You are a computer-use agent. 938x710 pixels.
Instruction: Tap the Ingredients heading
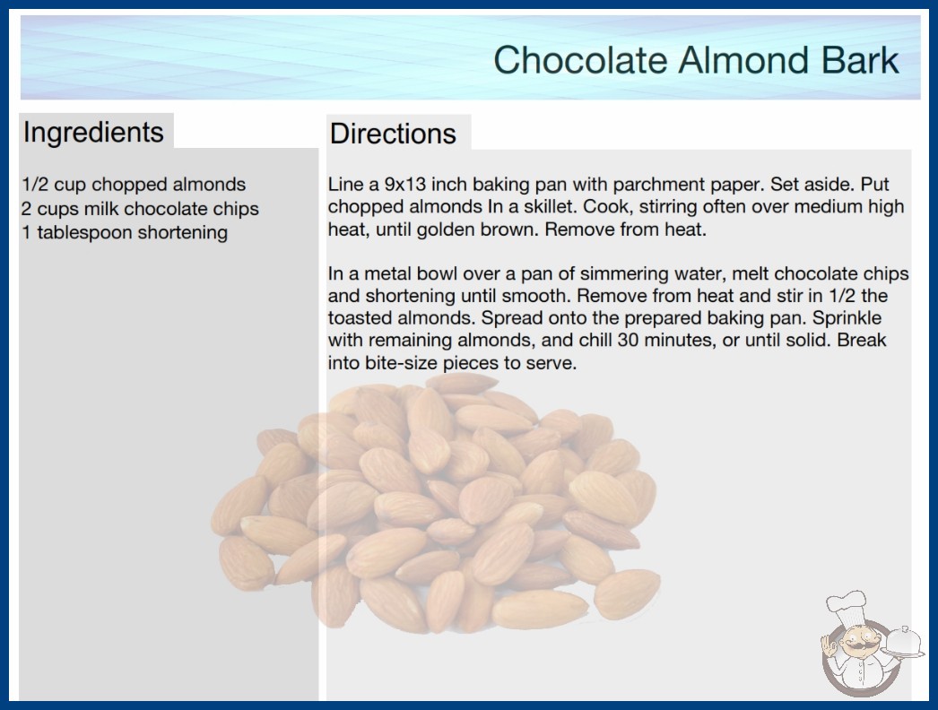(x=93, y=133)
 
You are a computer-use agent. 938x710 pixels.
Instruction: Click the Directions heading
(x=393, y=134)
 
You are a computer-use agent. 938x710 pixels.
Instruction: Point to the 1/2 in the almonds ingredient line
(x=35, y=185)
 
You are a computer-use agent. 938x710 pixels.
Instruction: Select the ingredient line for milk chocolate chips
(x=140, y=209)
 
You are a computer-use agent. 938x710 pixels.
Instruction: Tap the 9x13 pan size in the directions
(x=404, y=185)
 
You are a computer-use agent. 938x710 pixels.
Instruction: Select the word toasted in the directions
(x=360, y=318)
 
